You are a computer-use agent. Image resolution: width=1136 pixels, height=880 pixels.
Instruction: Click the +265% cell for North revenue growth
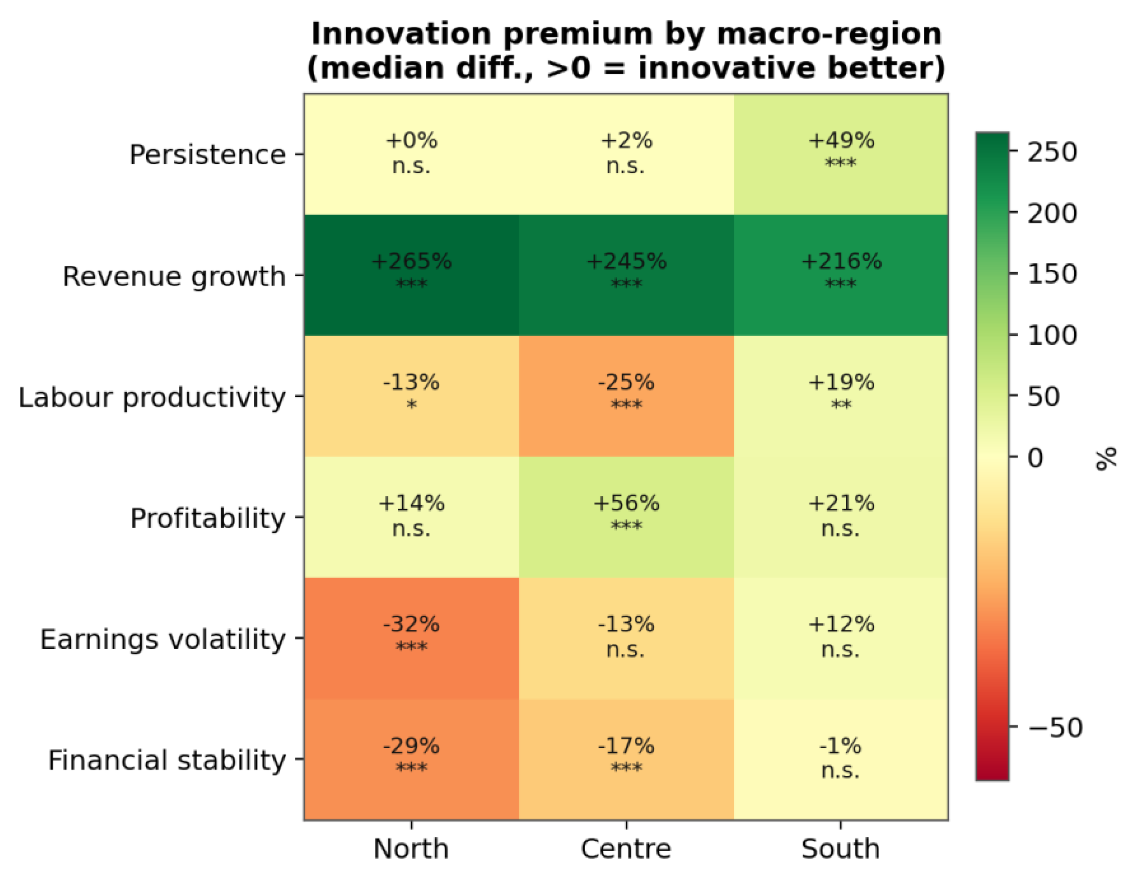411,275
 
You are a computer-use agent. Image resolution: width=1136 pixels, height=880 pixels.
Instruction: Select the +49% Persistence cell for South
841,155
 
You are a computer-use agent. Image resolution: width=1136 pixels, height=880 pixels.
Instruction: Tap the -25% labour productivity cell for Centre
626,396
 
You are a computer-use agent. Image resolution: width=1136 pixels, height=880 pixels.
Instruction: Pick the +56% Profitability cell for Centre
626,517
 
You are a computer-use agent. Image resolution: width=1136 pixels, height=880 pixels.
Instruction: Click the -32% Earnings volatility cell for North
411,638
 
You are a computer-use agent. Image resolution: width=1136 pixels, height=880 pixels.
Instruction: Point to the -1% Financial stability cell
841,759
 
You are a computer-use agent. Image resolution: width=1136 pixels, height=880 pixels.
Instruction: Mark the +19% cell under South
841,396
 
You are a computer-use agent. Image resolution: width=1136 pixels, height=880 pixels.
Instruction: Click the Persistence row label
208,155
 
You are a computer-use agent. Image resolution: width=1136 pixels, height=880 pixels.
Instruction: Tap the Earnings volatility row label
163,640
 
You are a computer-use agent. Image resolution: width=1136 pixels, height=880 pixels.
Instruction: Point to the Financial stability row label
167,761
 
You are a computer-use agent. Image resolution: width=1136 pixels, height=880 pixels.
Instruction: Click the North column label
411,850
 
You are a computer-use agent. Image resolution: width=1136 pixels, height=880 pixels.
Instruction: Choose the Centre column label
626,850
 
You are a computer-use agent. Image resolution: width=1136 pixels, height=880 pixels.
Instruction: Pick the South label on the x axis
841,850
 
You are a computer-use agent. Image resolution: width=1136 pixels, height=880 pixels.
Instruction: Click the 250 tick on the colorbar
1052,152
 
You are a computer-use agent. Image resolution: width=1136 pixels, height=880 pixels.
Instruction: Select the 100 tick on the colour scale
1052,335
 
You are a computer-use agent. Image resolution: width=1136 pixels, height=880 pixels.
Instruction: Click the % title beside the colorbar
1106,458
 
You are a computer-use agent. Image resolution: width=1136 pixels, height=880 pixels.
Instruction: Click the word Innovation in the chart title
401,34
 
